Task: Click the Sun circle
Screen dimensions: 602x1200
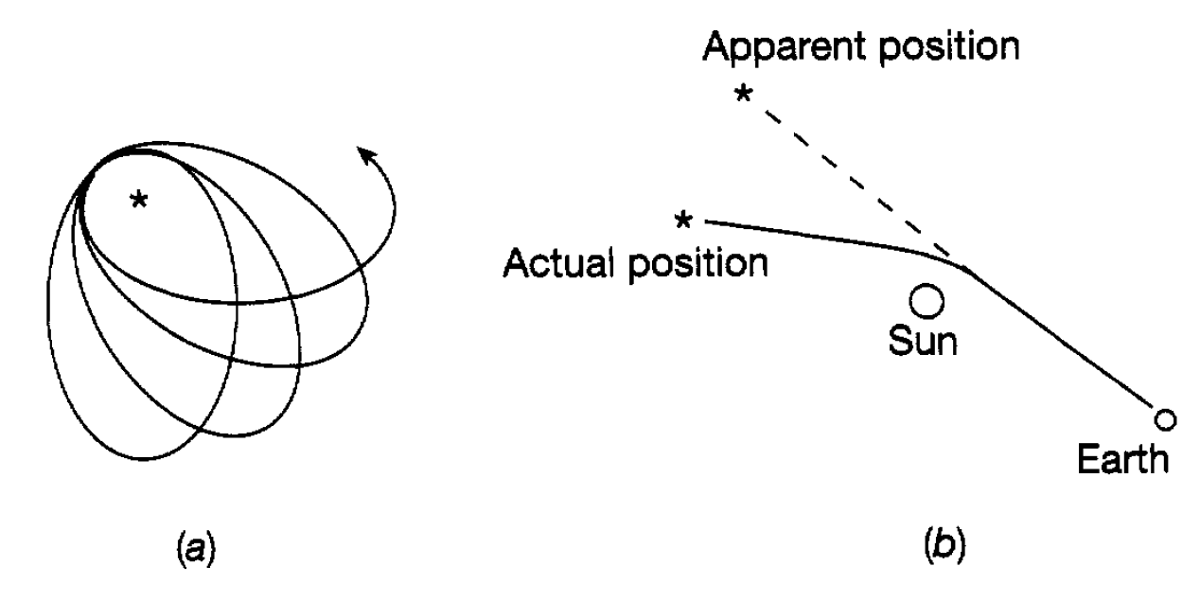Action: (924, 302)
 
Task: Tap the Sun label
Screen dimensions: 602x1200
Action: (923, 342)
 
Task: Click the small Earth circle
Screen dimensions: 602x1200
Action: (1165, 417)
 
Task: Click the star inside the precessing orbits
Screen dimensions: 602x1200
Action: (138, 200)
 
